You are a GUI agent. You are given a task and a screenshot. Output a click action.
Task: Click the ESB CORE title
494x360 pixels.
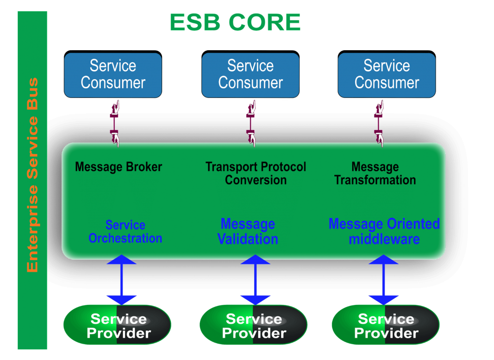pyautogui.click(x=235, y=23)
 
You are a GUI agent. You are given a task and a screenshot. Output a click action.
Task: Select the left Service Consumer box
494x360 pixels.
pyautogui.click(x=113, y=74)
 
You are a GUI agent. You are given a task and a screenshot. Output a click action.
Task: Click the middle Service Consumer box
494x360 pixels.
pyautogui.click(x=250, y=74)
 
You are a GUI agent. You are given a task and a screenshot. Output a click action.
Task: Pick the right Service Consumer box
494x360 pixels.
pyautogui.click(x=386, y=74)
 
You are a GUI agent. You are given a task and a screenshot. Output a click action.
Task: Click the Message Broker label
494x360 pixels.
pyautogui.click(x=119, y=167)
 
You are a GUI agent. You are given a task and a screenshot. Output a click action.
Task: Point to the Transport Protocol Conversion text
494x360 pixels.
pyautogui.click(x=256, y=174)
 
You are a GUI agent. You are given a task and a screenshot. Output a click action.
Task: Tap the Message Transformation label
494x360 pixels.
pyautogui.click(x=375, y=174)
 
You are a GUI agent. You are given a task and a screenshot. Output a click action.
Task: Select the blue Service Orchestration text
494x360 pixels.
pyautogui.click(x=125, y=232)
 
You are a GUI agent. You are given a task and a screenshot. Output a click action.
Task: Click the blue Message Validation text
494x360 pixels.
pyautogui.click(x=248, y=232)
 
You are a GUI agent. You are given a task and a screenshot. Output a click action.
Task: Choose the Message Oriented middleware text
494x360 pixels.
pyautogui.click(x=384, y=232)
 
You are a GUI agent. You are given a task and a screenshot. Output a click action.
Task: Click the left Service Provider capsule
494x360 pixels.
pyautogui.click(x=118, y=326)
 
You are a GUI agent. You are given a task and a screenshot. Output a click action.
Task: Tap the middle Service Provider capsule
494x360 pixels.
pyautogui.click(x=253, y=326)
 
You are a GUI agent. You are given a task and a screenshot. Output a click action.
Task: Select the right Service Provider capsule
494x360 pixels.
pyautogui.click(x=385, y=326)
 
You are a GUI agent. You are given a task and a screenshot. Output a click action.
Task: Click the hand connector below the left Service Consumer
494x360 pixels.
pyautogui.click(x=115, y=123)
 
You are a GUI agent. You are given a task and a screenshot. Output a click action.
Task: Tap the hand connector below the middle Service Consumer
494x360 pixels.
pyautogui.click(x=251, y=123)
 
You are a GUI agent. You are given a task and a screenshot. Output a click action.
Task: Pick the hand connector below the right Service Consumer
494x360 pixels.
pyautogui.click(x=380, y=123)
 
